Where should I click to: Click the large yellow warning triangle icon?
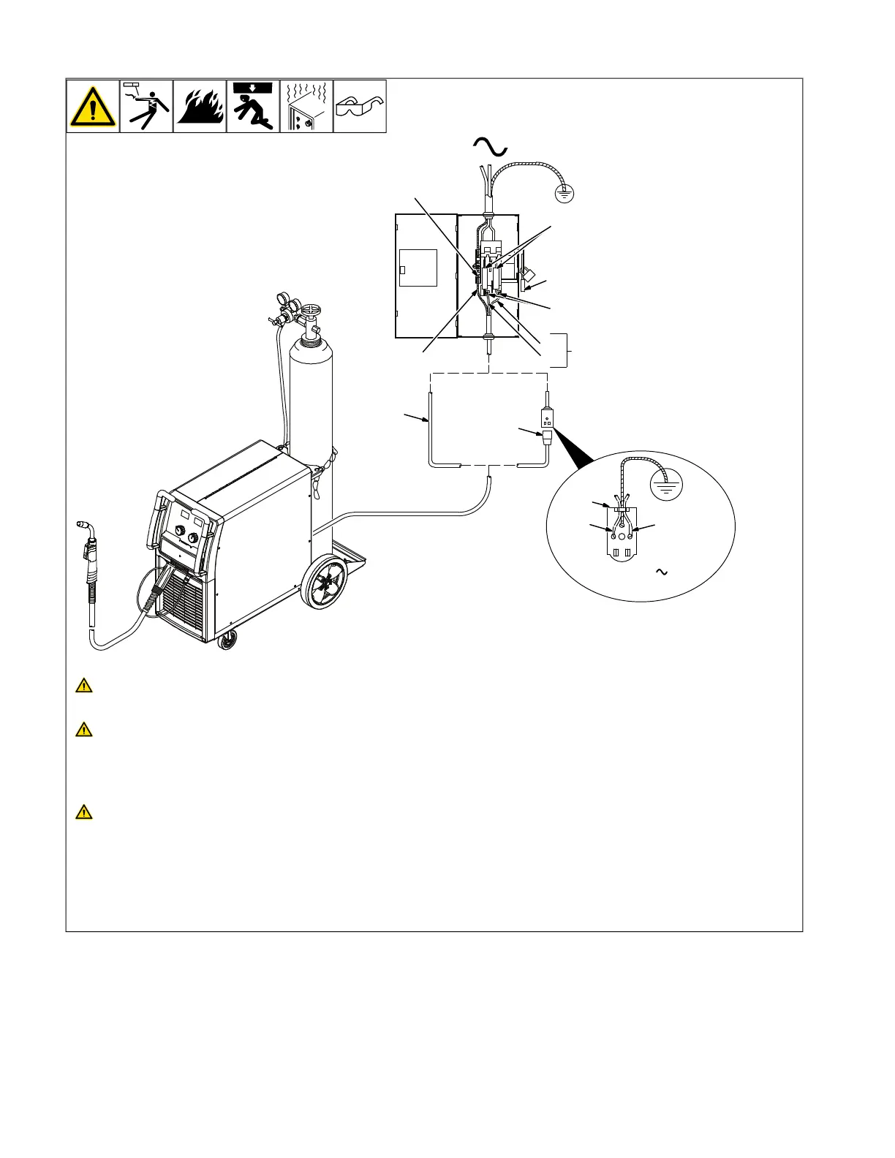pyautogui.click(x=93, y=107)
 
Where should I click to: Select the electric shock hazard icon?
pyautogui.click(x=146, y=107)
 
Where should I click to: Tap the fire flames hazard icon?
pyautogui.click(x=200, y=107)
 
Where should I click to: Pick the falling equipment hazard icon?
pyautogui.click(x=253, y=107)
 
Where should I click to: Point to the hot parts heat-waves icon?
pyautogui.click(x=306, y=107)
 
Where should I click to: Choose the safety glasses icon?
pyautogui.click(x=360, y=107)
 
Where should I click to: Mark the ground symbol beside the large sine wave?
pyautogui.click(x=564, y=193)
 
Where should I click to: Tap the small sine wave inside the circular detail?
pyautogui.click(x=662, y=572)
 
